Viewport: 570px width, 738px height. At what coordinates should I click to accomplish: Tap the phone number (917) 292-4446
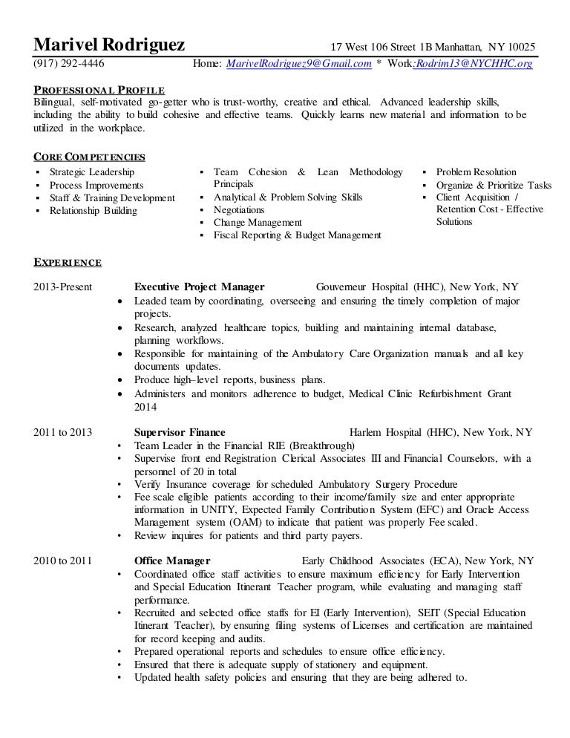tap(69, 65)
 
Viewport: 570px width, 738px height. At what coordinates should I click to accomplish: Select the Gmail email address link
tap(298, 65)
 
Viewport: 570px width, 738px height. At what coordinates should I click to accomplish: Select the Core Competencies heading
tap(90, 157)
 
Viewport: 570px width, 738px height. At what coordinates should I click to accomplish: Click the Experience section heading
tap(68, 262)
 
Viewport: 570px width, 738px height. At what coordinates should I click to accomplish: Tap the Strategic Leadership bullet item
tap(92, 172)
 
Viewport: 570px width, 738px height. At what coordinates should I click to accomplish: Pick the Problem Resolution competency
tap(476, 172)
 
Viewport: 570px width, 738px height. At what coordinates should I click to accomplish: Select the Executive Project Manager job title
tap(199, 287)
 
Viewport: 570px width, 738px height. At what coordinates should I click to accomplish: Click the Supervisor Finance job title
tap(180, 432)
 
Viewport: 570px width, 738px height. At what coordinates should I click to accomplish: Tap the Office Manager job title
tap(171, 561)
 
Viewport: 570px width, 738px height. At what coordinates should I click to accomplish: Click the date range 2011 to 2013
tap(63, 432)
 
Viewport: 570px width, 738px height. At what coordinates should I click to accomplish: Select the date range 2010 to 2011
tap(63, 561)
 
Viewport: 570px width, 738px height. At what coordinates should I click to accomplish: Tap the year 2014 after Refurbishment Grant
tap(146, 407)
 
